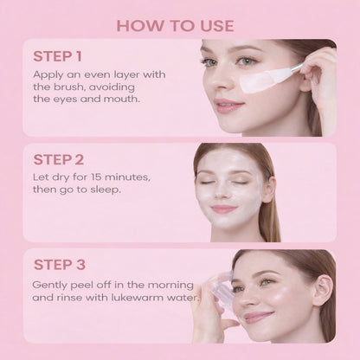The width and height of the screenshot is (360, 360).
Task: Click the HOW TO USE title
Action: (179, 24)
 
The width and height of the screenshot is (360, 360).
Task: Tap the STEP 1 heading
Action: (59, 57)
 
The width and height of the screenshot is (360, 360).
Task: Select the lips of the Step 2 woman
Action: (223, 209)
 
